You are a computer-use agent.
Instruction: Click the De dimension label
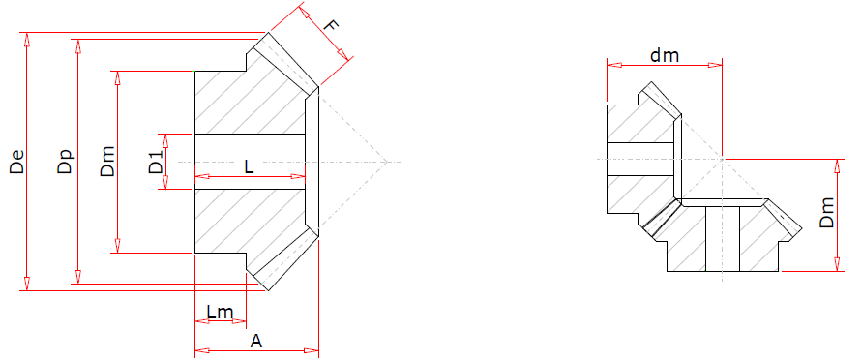coord(17,162)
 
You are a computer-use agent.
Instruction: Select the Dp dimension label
coord(65,162)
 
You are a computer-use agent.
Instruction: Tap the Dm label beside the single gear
coord(107,162)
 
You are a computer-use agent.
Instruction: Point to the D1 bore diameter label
coord(156,162)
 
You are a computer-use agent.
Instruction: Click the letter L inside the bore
coord(249,167)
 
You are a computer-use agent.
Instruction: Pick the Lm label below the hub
coord(220,313)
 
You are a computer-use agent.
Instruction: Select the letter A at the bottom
coord(256,342)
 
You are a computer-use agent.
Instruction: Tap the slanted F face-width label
coord(331,26)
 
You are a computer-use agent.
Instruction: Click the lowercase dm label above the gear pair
coord(665,55)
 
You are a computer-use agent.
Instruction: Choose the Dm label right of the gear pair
coord(826,213)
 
